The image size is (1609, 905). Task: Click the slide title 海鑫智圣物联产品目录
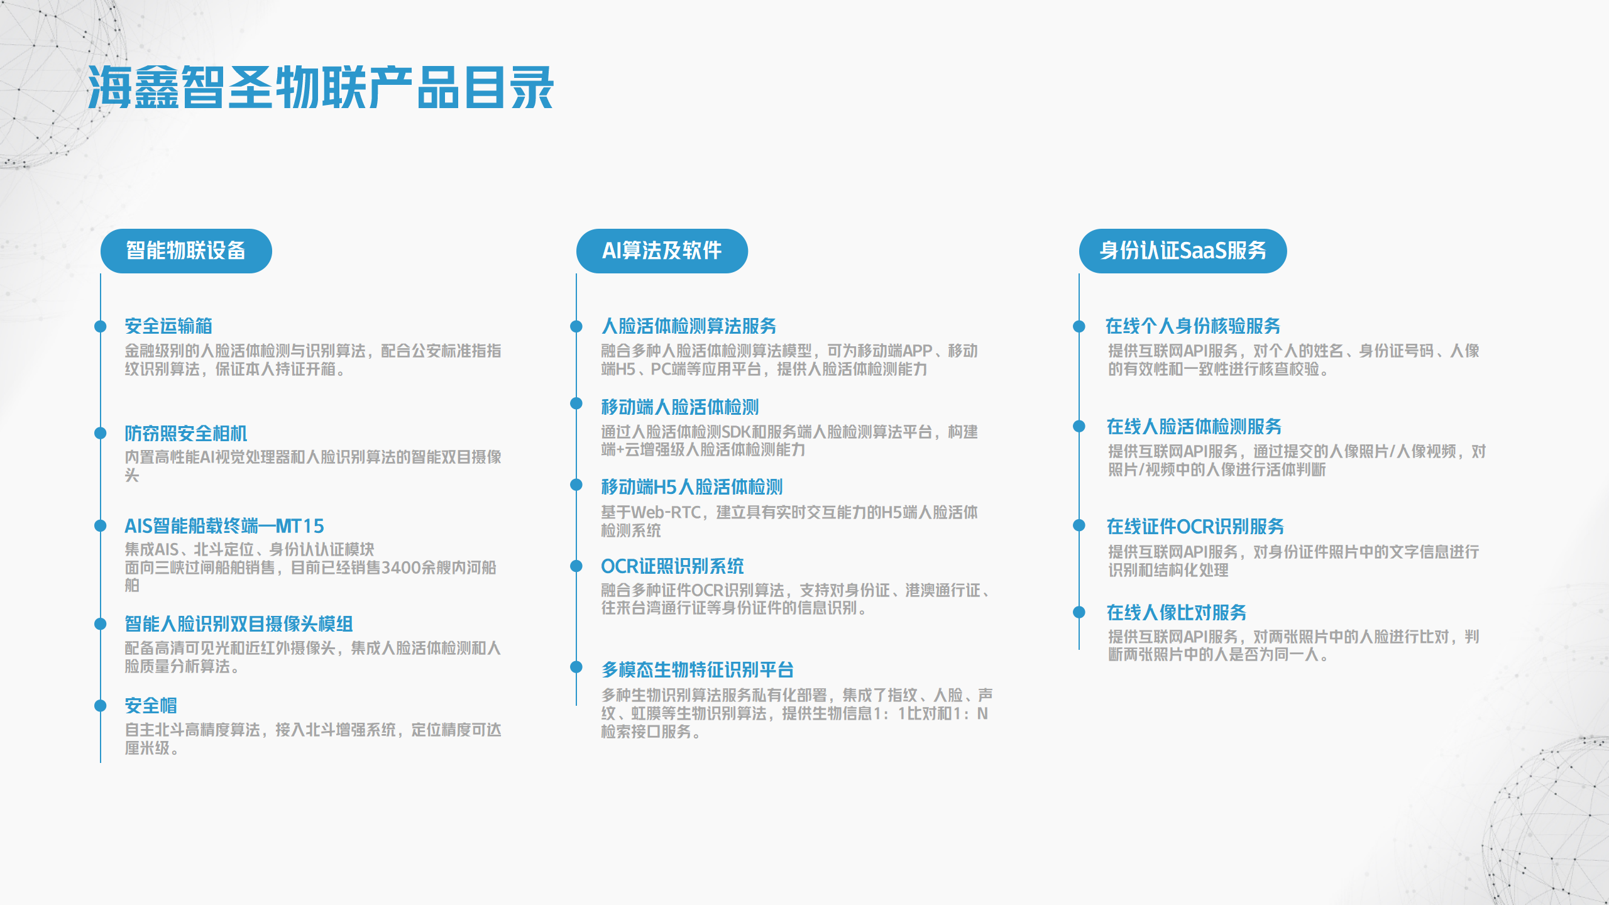click(321, 87)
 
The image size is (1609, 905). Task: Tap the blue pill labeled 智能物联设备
click(186, 251)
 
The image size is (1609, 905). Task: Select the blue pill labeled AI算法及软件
click(662, 251)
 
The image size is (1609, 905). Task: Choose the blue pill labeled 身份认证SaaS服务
click(1183, 251)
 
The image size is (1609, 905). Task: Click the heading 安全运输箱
click(168, 326)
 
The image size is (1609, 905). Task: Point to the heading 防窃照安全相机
click(186, 433)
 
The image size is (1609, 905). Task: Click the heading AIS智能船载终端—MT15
click(224, 525)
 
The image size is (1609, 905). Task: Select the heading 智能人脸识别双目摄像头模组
click(239, 623)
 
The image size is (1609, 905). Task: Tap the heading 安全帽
click(151, 705)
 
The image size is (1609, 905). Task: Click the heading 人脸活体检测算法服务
click(689, 326)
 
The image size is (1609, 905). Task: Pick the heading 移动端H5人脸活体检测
click(692, 486)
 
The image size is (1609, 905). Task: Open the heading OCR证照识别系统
click(673, 566)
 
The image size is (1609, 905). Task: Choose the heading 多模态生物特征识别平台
click(698, 669)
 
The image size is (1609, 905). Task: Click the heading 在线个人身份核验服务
click(1193, 326)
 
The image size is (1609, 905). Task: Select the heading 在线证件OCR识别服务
click(1195, 526)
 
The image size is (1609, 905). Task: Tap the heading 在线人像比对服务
click(1177, 612)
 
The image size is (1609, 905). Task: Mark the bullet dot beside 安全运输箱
click(101, 326)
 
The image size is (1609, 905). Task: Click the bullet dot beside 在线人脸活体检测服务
click(1079, 426)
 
